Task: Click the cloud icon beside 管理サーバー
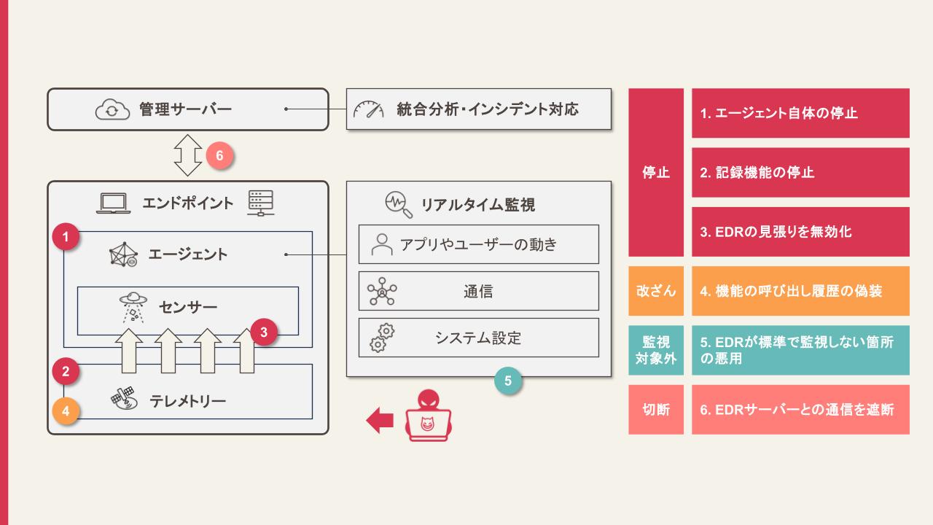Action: (112, 109)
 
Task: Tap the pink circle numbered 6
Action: (219, 155)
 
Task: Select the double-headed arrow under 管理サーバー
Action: (188, 155)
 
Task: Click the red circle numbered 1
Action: (66, 237)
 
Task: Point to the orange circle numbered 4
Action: (66, 411)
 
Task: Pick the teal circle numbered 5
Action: (508, 381)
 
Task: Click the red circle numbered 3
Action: (264, 332)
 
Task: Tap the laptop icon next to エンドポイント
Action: (113, 203)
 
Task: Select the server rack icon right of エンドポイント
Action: (261, 203)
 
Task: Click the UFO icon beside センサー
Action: (133, 308)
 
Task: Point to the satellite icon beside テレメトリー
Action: (124, 398)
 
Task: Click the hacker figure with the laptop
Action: (428, 415)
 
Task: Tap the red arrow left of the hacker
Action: (380, 421)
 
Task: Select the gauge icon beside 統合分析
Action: (369, 109)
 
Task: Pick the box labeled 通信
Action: (479, 291)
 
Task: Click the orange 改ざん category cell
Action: (656, 291)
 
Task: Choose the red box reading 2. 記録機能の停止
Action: (800, 173)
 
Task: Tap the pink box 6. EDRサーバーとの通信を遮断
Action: (800, 410)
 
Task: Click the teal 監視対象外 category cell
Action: (656, 350)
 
